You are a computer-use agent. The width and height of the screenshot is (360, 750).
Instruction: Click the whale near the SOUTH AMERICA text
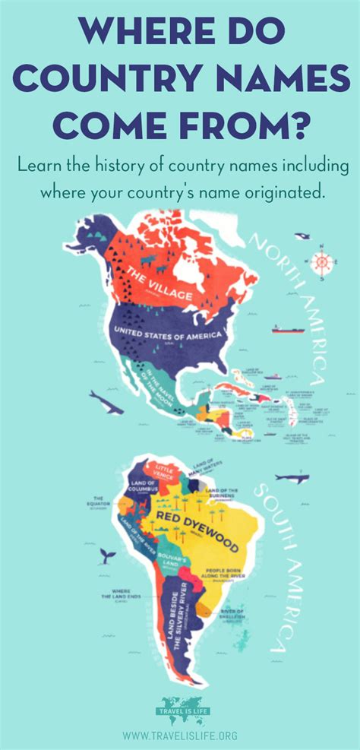click(292, 478)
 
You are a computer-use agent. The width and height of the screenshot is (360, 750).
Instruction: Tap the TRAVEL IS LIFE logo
click(180, 711)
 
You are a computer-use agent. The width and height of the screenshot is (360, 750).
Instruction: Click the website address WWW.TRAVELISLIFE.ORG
click(180, 736)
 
